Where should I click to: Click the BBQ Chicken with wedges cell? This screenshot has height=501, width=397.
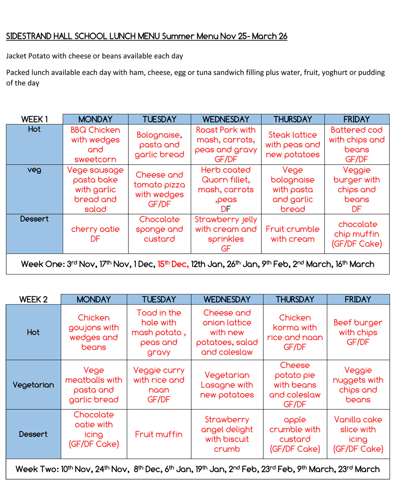tap(95, 144)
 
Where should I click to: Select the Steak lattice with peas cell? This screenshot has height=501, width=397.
tap(292, 144)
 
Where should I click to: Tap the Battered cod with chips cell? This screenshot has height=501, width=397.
tap(357, 144)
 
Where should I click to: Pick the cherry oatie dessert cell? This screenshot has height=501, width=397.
tap(95, 234)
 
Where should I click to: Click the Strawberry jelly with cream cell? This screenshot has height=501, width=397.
tap(226, 234)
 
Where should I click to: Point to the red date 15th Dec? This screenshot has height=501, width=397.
tap(173, 264)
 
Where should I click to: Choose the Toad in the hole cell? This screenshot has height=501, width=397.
tap(159, 332)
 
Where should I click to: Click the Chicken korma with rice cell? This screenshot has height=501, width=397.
tap(295, 332)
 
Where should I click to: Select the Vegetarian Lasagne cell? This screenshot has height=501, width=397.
tap(227, 385)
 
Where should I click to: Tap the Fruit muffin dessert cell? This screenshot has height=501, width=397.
tap(159, 434)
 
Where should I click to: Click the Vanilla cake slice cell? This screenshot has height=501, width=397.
tap(358, 434)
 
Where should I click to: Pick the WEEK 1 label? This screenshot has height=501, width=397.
tap(34, 119)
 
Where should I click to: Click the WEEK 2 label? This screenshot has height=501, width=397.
tap(33, 300)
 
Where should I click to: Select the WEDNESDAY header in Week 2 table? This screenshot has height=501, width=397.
tap(227, 300)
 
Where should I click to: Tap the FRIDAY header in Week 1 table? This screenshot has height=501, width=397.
tap(357, 119)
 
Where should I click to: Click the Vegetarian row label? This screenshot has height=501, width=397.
tap(33, 385)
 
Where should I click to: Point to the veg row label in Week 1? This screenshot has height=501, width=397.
tap(34, 170)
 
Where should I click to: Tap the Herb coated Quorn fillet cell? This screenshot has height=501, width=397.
tap(226, 189)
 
